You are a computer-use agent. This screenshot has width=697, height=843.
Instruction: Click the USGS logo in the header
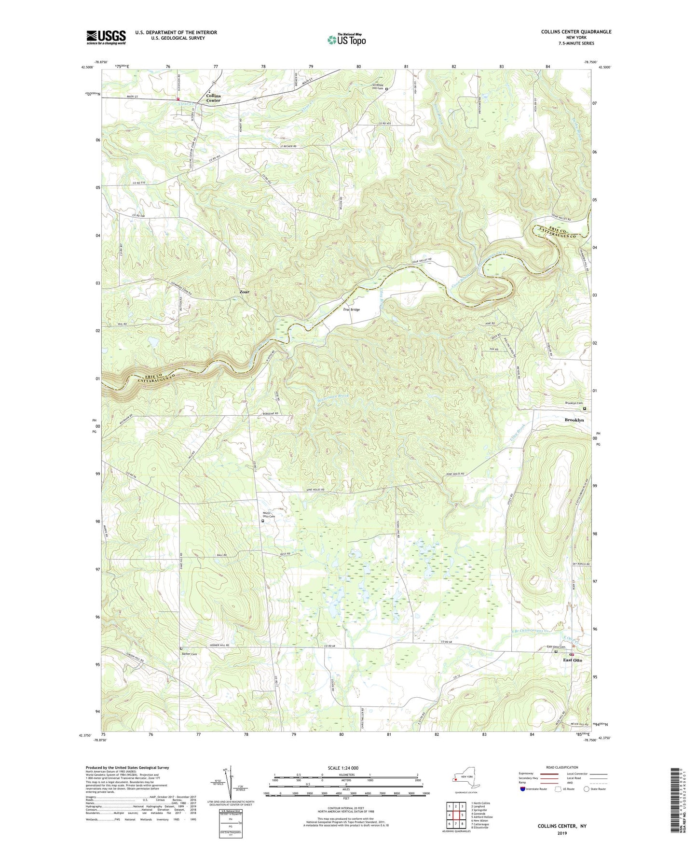point(106,37)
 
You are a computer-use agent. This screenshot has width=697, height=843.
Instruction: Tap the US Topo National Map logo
point(346,39)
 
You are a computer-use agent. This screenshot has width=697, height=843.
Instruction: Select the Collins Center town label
point(213,98)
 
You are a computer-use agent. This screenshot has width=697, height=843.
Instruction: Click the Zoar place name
point(245,292)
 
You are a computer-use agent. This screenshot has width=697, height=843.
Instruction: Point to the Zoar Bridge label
point(351,309)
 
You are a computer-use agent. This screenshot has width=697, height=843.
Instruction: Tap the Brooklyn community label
point(574,420)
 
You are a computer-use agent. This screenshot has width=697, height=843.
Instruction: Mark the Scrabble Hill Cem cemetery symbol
point(386,89)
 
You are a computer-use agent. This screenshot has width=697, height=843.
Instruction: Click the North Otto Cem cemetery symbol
point(263,521)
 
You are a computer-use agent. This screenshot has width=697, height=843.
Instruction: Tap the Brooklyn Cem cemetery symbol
point(585,408)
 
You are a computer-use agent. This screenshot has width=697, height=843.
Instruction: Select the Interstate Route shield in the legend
point(523,789)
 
